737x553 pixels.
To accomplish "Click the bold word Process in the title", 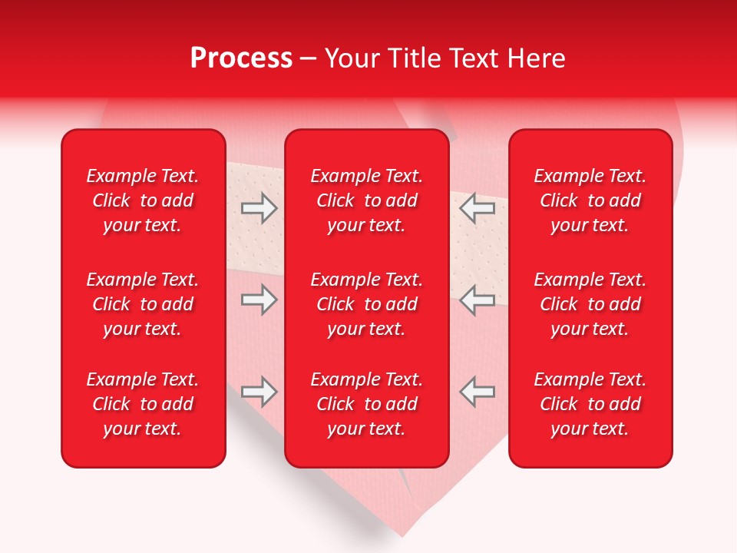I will point(241,58).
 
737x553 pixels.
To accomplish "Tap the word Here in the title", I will point(535,58).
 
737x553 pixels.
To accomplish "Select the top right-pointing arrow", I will point(259,207).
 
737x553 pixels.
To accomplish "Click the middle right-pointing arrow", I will point(259,300).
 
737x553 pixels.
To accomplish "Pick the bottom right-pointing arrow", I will point(259,392).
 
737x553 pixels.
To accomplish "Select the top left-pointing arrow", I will point(477,207).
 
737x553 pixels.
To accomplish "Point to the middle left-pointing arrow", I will point(477,300).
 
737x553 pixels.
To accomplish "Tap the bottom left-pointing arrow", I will point(477,392).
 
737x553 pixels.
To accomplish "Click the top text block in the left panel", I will point(143,200).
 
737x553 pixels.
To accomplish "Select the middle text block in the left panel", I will point(143,304).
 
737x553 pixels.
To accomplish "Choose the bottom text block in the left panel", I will point(143,404).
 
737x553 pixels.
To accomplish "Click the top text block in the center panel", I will point(366,200).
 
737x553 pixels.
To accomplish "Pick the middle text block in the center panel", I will point(366,304).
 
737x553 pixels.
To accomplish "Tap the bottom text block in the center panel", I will point(366,404).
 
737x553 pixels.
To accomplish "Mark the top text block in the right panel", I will point(590,200).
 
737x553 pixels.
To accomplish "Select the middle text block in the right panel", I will point(590,304).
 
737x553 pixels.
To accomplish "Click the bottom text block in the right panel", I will point(590,404).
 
